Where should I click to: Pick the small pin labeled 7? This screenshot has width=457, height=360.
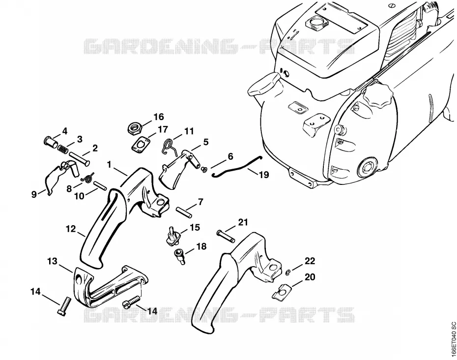[x=184, y=211]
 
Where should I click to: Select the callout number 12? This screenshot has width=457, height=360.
[x=71, y=229]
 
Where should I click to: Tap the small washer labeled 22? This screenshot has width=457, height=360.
[x=287, y=272]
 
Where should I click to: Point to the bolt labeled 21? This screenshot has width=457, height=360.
[x=225, y=236]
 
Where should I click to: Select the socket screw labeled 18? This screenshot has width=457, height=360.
[x=179, y=256]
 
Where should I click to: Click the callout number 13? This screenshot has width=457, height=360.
[x=53, y=261]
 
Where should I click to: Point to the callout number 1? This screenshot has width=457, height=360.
[x=109, y=165]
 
